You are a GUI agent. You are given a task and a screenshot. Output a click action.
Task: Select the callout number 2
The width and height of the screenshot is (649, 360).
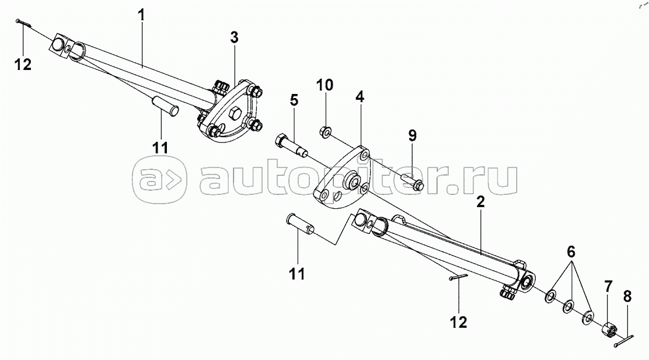coord(480,203)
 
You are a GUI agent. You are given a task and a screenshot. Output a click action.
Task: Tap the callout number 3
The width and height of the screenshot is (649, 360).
coord(233,39)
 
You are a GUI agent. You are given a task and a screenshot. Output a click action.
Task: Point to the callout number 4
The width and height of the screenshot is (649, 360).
coord(360,97)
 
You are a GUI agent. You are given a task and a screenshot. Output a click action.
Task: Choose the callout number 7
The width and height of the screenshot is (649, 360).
coord(608,286)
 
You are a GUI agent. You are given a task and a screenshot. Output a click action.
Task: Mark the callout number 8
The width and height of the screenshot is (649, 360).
coord(627,296)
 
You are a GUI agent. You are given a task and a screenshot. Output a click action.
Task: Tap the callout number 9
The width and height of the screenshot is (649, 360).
coord(412,136)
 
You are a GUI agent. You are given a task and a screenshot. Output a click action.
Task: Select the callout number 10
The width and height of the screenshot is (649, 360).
coord(325,85)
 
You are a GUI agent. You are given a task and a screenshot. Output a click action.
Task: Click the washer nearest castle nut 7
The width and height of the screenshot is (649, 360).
coord(588,317)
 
